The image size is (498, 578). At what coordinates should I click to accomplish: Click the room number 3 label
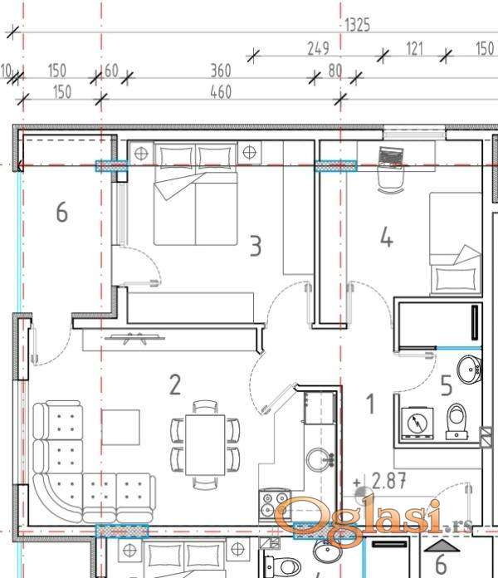click(256, 247)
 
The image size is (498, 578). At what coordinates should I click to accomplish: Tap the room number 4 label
click(387, 237)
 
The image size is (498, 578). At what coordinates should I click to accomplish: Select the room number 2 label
click(175, 385)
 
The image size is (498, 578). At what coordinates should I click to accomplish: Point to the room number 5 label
click(446, 385)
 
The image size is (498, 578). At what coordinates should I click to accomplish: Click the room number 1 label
click(370, 404)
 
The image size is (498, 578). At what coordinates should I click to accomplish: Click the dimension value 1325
click(357, 25)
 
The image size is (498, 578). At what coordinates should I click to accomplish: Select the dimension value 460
click(221, 92)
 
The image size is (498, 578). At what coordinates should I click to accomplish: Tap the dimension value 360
click(221, 71)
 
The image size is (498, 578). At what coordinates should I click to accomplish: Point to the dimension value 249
click(318, 48)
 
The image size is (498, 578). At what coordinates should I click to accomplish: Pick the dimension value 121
click(414, 49)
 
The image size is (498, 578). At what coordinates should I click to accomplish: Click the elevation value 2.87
click(388, 481)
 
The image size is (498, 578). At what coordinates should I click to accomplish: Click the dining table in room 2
click(205, 445)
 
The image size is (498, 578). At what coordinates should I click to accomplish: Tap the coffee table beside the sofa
click(121, 427)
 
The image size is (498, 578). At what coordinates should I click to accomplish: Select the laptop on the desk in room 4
click(391, 156)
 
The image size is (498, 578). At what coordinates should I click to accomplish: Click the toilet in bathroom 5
click(456, 421)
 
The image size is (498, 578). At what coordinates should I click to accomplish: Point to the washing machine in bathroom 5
click(417, 423)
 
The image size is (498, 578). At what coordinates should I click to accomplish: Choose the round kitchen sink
click(318, 459)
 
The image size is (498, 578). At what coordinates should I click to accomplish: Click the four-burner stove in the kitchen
click(275, 503)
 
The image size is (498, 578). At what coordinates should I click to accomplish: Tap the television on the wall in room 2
click(134, 337)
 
